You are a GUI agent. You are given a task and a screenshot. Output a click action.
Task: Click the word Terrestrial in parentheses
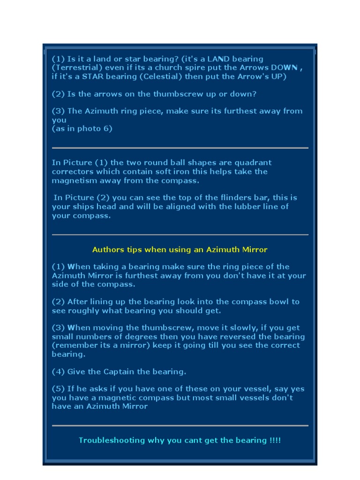[75, 67]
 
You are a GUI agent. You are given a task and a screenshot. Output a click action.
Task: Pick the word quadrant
[253, 163]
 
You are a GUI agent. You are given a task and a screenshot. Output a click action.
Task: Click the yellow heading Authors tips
[180, 249]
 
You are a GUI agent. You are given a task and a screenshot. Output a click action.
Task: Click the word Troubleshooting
[112, 440]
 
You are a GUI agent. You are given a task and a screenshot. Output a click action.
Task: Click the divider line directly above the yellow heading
[180, 234]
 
